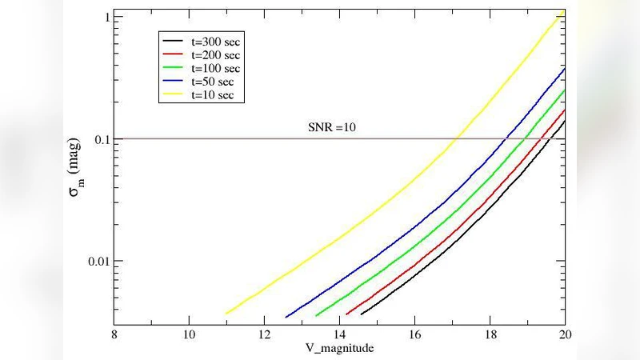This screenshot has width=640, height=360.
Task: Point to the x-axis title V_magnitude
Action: tap(340, 349)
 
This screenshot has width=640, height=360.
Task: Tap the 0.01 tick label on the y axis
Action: tap(97, 262)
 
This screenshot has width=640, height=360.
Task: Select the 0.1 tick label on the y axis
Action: tap(101, 139)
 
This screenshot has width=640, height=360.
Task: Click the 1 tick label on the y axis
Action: tap(106, 17)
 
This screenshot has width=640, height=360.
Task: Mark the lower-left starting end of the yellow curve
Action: tap(226, 314)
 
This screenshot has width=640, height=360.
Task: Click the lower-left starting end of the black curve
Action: tap(362, 314)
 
